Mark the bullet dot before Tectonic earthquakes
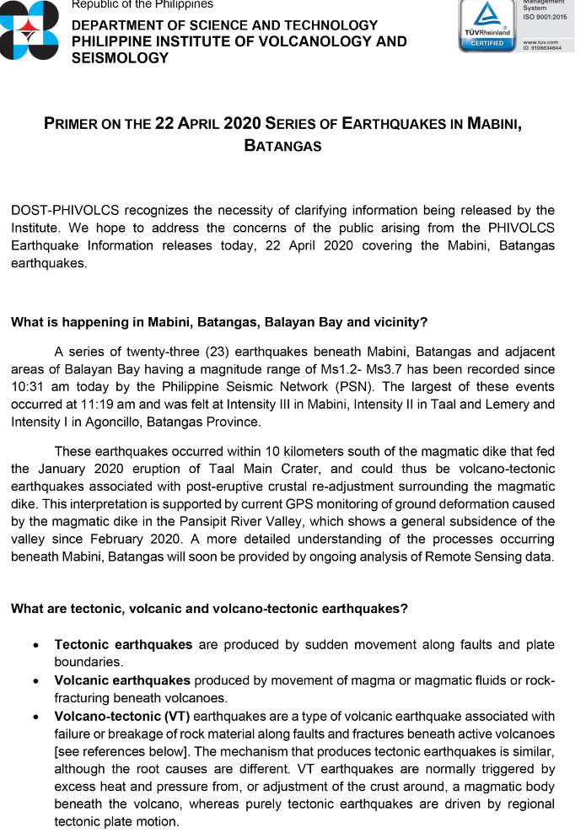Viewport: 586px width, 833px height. pyautogui.click(x=35, y=645)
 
